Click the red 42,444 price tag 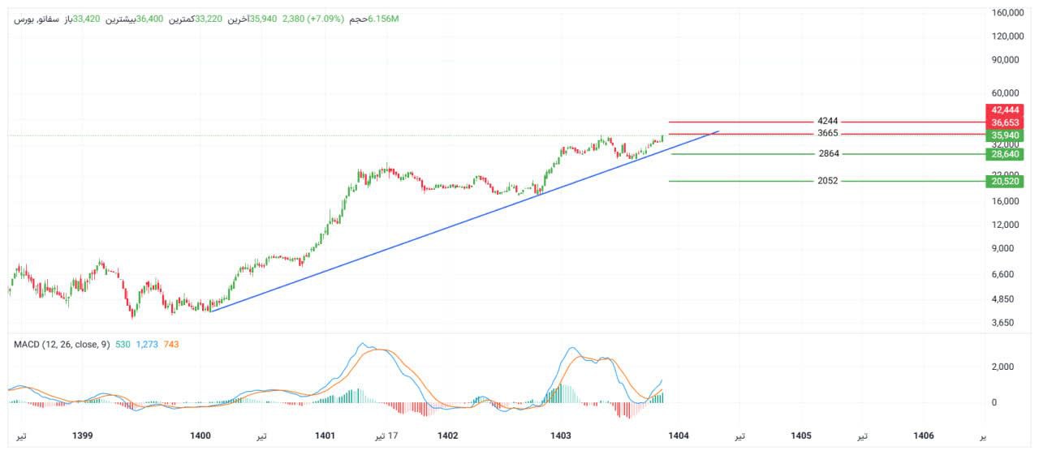1004,109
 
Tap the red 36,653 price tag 1004,122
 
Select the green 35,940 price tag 1004,135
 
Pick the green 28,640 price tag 1004,153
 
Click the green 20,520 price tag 1004,181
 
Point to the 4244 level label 828,122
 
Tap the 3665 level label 828,134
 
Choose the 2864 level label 829,154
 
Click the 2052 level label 828,181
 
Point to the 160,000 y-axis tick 1007,13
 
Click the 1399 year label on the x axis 82,436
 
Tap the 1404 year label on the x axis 679,436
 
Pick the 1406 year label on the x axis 924,436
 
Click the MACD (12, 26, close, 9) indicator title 62,345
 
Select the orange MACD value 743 171,345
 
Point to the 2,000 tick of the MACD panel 1002,367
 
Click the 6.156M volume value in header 383,19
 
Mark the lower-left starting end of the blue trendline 209,311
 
